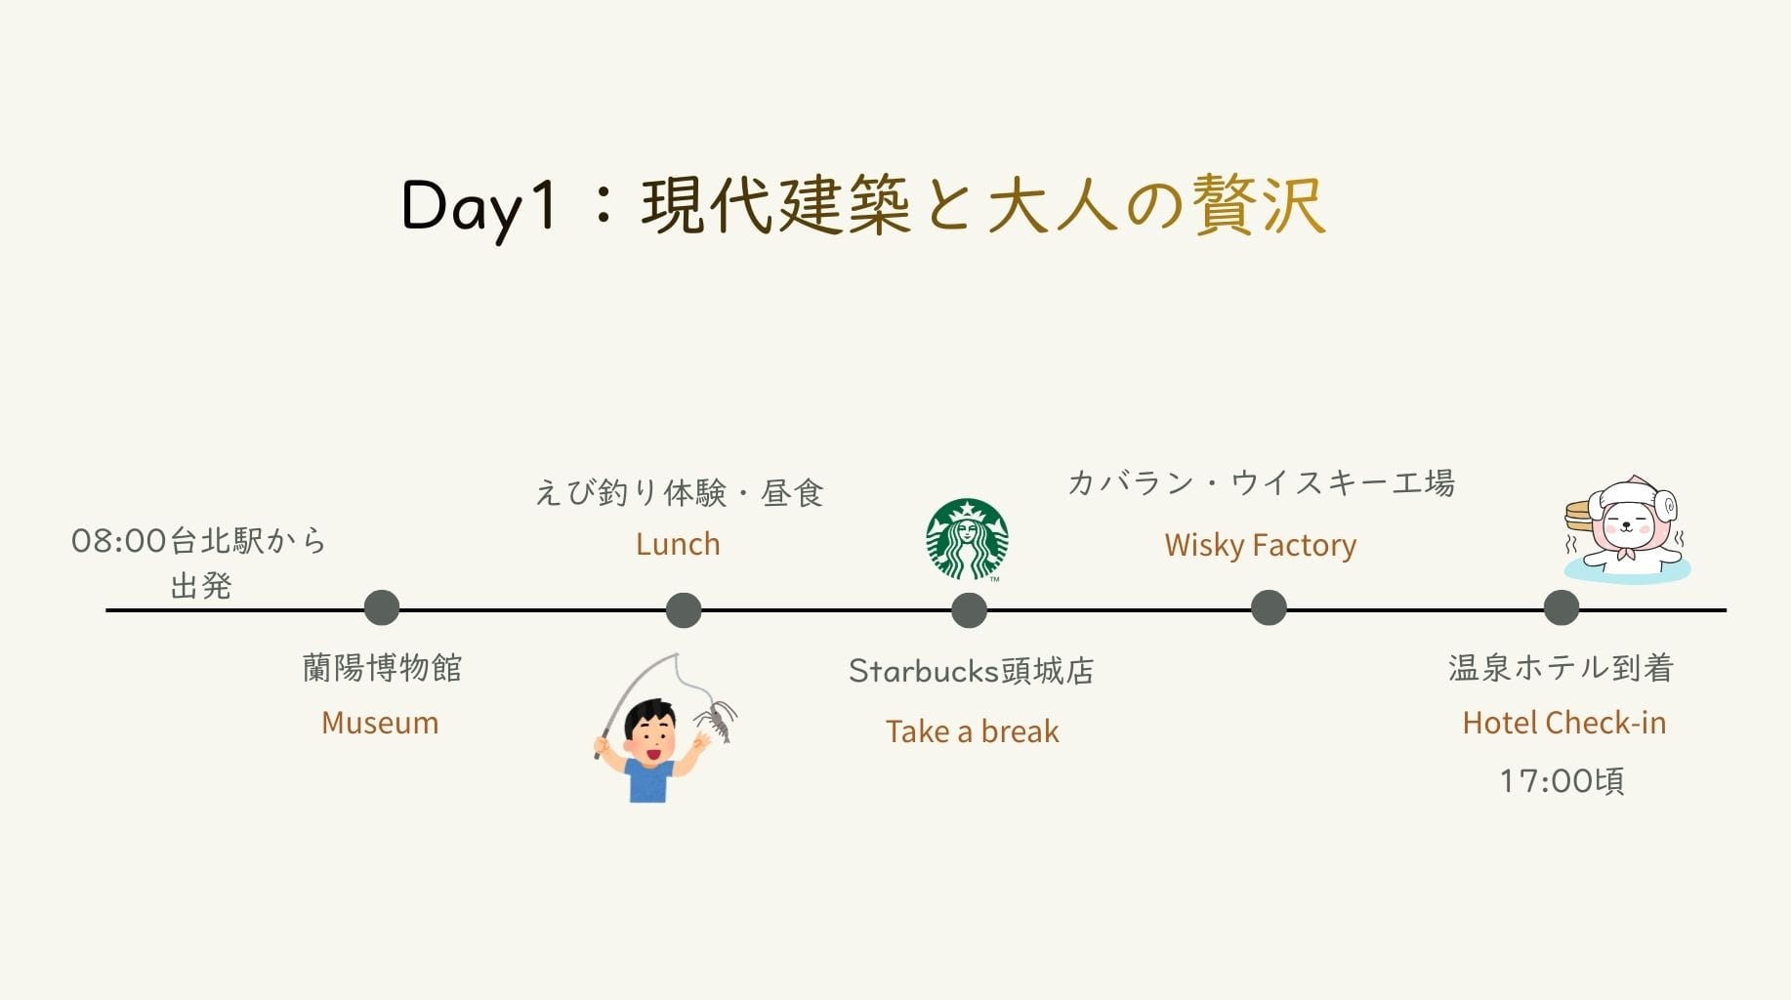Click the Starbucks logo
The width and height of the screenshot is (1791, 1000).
pos(967,539)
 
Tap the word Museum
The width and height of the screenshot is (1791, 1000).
pos(380,723)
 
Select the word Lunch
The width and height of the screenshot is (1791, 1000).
pos(678,544)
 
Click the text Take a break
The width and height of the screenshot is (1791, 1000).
pos(972,731)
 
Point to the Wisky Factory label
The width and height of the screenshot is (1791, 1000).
pos(1260,545)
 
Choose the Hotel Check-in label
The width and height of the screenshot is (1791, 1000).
pos(1563,723)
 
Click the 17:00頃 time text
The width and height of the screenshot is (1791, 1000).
pos(1562,780)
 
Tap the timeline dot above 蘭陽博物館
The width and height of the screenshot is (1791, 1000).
pos(382,607)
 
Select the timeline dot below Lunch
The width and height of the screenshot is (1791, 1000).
pos(684,610)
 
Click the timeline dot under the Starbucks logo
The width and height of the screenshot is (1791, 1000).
pos(969,610)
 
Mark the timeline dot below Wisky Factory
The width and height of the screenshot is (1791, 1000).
pos(1269,607)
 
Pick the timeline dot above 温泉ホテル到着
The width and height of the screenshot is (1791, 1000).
pos(1562,607)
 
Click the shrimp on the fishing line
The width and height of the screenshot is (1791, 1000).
pos(717,720)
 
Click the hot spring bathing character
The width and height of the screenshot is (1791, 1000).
pos(1627,530)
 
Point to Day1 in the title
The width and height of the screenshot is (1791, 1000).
pos(479,206)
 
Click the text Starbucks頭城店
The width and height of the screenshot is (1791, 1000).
pos(971,671)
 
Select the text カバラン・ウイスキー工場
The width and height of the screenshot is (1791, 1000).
pos(1261,482)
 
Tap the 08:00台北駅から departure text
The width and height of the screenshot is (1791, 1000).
pos(199,540)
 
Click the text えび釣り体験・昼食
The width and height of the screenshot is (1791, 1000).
pos(680,493)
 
